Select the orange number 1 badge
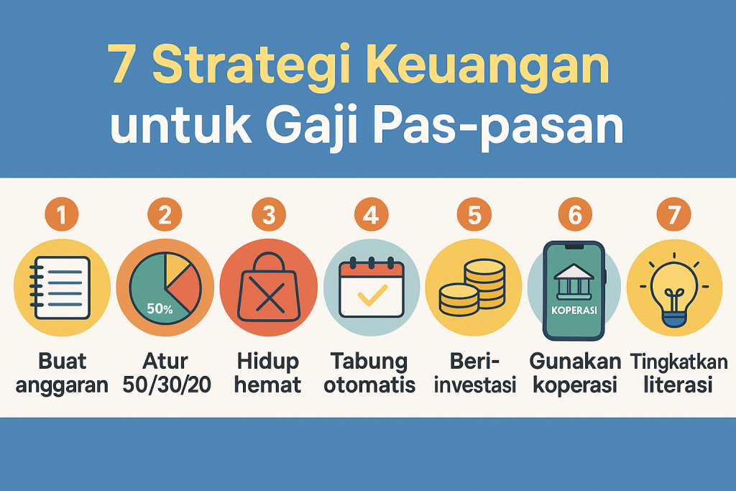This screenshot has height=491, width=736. (x=62, y=214)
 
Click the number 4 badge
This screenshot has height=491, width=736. (x=371, y=214)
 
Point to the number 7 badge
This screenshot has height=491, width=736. (x=673, y=214)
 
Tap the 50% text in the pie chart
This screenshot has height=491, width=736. (x=159, y=310)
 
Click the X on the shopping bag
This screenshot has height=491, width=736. (x=268, y=296)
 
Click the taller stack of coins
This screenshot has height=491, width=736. (x=484, y=283)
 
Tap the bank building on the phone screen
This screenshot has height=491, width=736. (x=572, y=283)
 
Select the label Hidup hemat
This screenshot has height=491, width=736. (x=268, y=372)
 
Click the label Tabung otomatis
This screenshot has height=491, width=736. (x=369, y=372)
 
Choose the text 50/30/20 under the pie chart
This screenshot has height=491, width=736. (x=166, y=385)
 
